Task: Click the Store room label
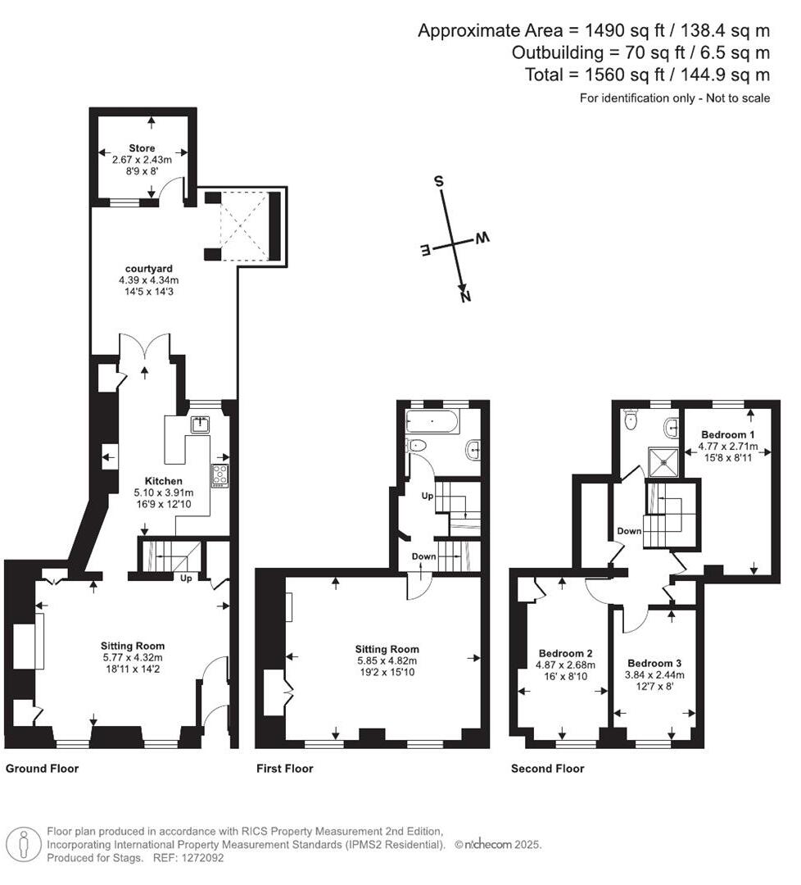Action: pyautogui.click(x=142, y=148)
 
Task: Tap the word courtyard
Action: pyautogui.click(x=148, y=269)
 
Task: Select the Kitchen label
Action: pyautogui.click(x=163, y=481)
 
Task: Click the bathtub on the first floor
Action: pyautogui.click(x=432, y=422)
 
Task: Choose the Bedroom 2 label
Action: pyautogui.click(x=565, y=653)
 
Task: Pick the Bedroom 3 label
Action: pyautogui.click(x=654, y=663)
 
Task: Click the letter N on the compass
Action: pyautogui.click(x=464, y=297)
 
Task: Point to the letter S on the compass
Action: pyautogui.click(x=439, y=182)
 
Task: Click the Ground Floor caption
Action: pyautogui.click(x=42, y=769)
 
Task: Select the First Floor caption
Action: pyautogui.click(x=284, y=769)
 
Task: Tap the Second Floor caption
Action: pyautogui.click(x=547, y=769)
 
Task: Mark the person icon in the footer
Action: pyautogui.click(x=24, y=844)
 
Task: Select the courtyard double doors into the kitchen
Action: pyautogui.click(x=145, y=348)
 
